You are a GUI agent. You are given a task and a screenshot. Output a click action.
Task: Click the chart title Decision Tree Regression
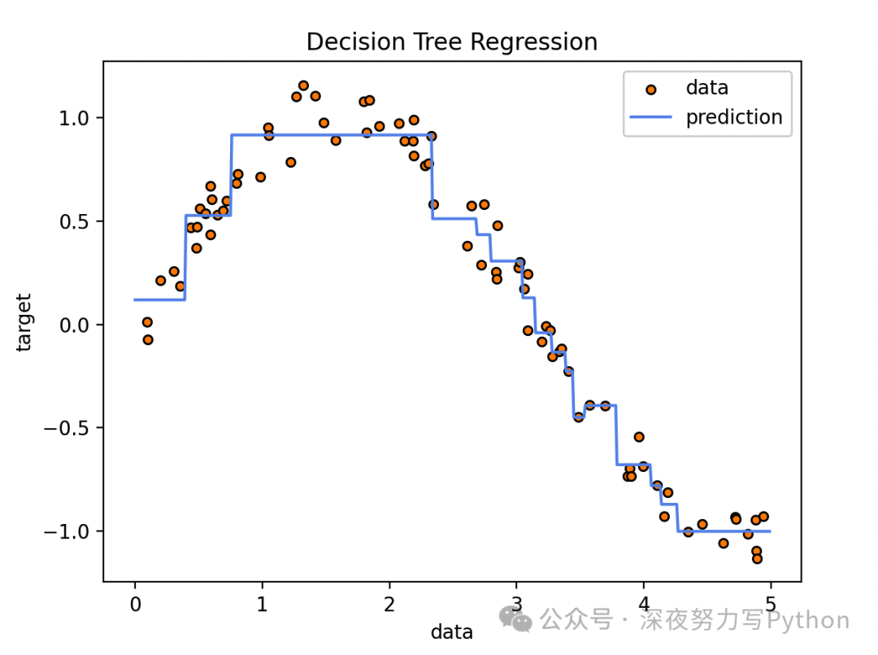point(451,42)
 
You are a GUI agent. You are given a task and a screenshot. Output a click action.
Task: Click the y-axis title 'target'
point(24,322)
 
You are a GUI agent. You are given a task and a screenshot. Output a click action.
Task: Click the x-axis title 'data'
point(451,631)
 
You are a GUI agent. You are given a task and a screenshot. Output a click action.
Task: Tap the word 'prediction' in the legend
point(733,117)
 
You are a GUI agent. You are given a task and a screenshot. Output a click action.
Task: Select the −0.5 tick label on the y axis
point(73,428)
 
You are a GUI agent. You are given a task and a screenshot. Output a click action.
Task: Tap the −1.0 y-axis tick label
point(73,531)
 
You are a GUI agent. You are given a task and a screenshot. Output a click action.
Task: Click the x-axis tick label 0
point(135,605)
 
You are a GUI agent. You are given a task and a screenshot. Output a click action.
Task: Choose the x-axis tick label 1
point(262,605)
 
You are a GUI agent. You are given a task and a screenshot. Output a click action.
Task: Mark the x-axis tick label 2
point(389,605)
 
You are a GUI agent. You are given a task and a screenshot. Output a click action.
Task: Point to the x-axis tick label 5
point(771,605)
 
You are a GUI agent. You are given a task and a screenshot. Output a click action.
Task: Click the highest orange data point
point(303,85)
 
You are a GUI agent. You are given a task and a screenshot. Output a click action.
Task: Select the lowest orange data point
point(757,559)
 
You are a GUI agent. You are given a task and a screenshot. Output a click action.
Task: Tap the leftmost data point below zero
point(148,339)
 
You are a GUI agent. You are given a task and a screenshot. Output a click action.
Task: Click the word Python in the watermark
point(809,621)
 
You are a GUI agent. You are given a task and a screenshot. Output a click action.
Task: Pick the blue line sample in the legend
point(650,118)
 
